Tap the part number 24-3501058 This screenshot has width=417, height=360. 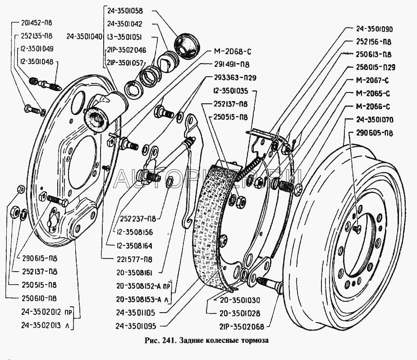125,10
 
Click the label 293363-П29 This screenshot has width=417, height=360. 232,77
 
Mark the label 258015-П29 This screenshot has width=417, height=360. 372,68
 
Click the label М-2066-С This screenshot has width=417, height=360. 369,106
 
